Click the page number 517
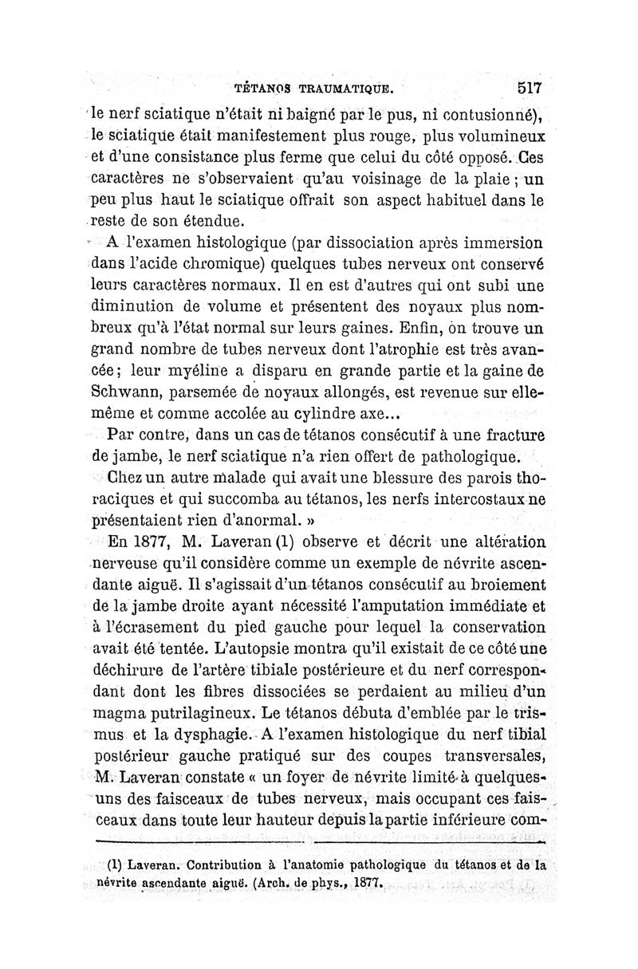529,87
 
